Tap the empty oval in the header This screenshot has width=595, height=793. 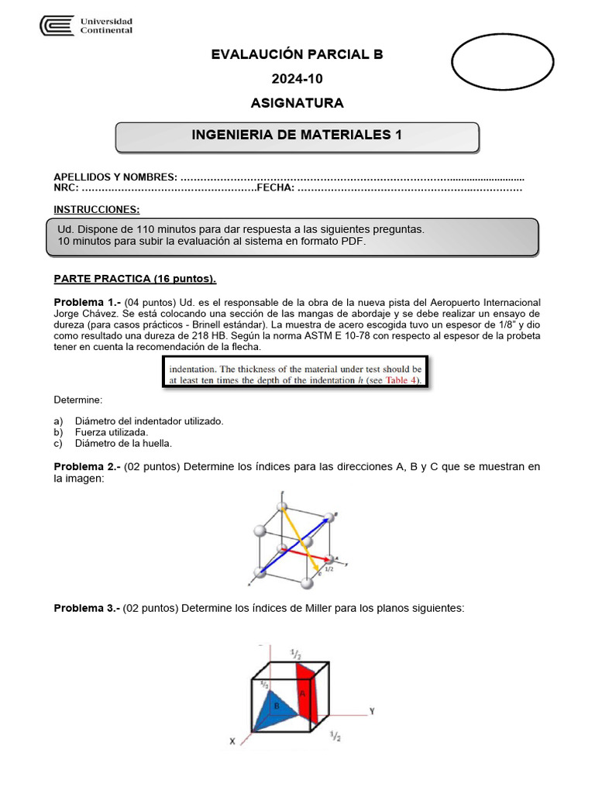click(502, 62)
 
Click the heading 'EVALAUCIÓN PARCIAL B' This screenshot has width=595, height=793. click(297, 54)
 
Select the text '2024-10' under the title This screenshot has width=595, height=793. click(297, 78)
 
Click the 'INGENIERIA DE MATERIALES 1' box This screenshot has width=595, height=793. click(297, 136)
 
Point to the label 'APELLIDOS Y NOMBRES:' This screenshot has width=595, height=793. click(115, 177)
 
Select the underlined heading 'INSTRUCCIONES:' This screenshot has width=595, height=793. click(97, 210)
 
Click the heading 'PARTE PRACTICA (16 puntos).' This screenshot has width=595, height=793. click(135, 279)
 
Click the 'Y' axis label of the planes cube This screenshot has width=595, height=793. click(372, 711)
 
